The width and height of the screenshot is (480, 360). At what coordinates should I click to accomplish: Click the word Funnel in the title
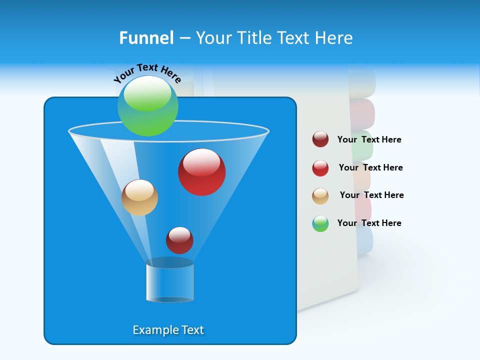(x=146, y=38)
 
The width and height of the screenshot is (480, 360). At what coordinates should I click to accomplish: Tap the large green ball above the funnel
(x=147, y=106)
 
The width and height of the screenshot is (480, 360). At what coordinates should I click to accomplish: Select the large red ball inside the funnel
(x=201, y=172)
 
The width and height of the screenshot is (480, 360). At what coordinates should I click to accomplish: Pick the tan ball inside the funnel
(x=139, y=198)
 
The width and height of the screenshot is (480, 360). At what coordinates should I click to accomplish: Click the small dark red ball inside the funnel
(x=179, y=240)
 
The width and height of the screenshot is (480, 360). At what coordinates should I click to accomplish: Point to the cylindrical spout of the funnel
(x=169, y=282)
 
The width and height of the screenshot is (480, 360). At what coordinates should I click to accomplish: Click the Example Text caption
(x=168, y=330)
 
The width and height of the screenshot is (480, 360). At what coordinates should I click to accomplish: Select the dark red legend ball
(x=320, y=139)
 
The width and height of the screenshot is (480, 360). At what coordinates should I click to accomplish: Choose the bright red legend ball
(x=320, y=168)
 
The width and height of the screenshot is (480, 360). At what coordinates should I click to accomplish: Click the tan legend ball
(x=320, y=196)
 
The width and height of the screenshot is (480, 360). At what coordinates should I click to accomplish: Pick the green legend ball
(x=320, y=223)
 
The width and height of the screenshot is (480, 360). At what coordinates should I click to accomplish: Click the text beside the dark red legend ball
(x=369, y=140)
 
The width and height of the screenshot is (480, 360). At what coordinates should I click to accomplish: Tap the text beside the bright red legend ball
(x=370, y=168)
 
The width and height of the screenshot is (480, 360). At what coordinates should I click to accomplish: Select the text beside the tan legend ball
(x=371, y=195)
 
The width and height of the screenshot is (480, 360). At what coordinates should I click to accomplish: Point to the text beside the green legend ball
(x=369, y=223)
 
